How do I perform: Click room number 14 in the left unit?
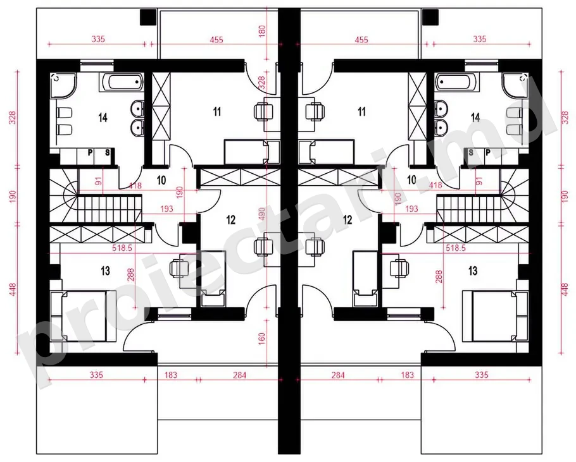click(103, 118)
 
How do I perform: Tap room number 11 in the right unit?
click(362, 111)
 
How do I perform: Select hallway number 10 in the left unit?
click(161, 180)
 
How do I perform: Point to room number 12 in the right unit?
click(347, 220)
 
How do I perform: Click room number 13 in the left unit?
click(106, 271)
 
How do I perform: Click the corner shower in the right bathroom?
click(516, 85)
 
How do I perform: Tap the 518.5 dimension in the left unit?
click(122, 248)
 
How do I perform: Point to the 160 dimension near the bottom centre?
click(262, 338)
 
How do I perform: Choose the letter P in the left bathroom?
click(90, 152)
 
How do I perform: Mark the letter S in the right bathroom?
click(471, 152)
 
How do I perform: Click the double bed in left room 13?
click(83, 316)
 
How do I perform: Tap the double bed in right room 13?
click(496, 316)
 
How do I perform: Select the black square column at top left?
click(148, 17)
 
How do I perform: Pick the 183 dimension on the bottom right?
click(408, 375)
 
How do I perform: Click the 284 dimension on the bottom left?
click(239, 375)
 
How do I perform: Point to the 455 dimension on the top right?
click(361, 40)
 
